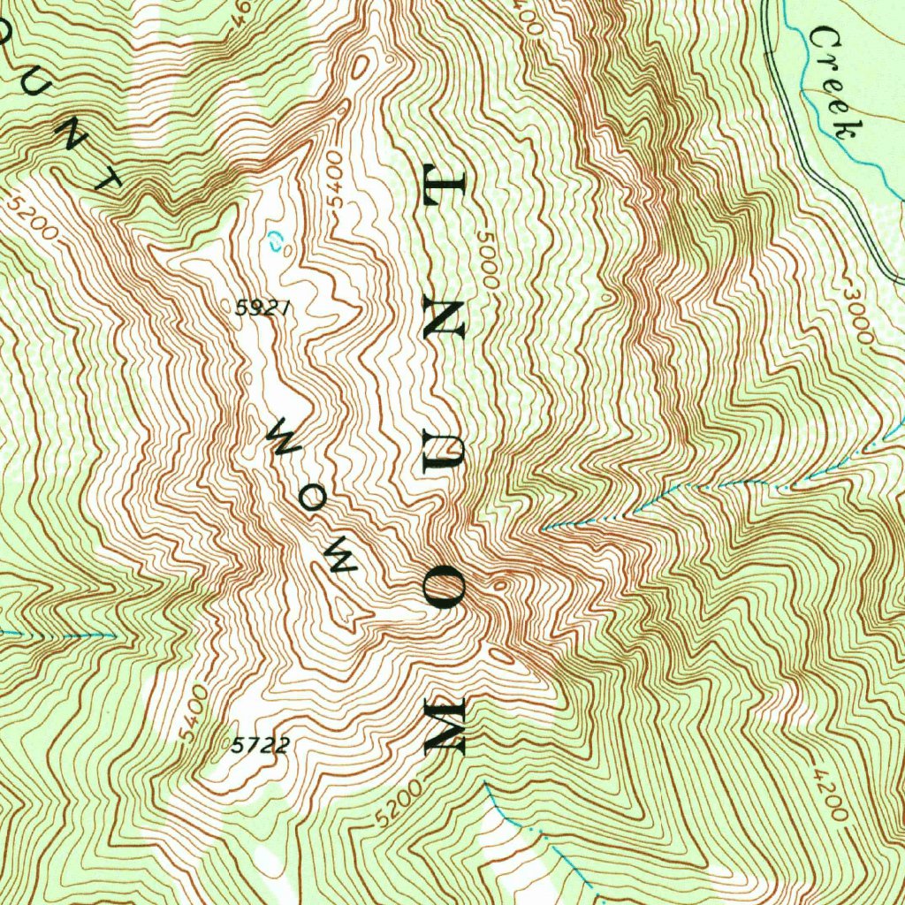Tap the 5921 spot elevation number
262,308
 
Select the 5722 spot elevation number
260,745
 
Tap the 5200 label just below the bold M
393,805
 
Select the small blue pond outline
276,241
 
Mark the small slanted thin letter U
42,89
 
